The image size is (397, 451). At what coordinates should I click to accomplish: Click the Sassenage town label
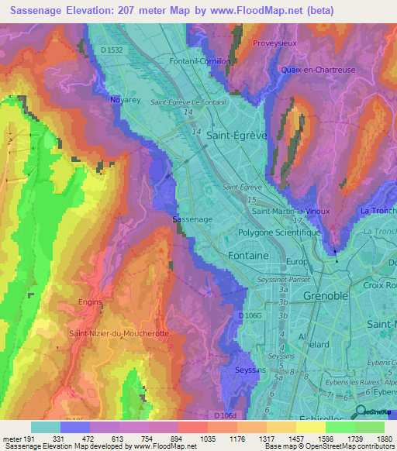(192, 219)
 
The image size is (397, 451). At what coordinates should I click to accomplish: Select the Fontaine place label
(249, 255)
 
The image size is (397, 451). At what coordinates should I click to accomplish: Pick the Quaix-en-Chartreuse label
(319, 70)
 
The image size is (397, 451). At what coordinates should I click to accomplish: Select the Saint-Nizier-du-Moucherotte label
(119, 333)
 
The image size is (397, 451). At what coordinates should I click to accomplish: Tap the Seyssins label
(248, 371)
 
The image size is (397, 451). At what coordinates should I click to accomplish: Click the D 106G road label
(250, 315)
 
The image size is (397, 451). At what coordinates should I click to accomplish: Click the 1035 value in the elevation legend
(195, 439)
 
